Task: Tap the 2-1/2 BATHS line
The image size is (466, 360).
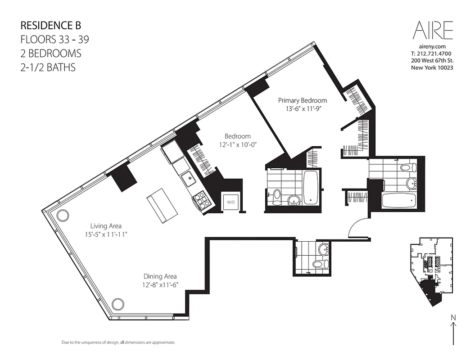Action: pos(48,67)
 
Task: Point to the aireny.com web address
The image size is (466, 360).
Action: pos(432,46)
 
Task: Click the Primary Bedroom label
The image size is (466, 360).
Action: pos(302,100)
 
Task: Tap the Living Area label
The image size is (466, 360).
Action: pos(106,226)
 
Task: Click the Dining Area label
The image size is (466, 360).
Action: pos(160,276)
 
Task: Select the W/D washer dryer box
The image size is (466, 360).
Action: pos(231,202)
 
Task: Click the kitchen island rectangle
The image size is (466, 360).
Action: pos(160,205)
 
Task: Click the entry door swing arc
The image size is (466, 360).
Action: pos(358,226)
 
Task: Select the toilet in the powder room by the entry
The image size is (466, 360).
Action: pos(319,264)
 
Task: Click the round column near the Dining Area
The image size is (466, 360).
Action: pos(118,304)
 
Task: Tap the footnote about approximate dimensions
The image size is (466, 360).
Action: pos(118,342)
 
